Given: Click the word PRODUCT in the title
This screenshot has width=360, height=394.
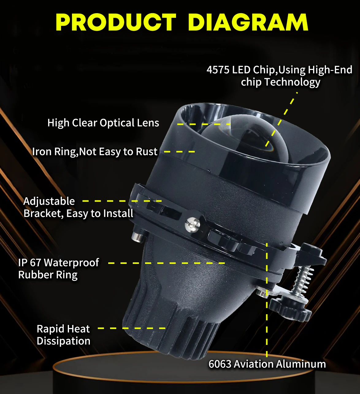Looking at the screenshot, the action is tap(116, 22).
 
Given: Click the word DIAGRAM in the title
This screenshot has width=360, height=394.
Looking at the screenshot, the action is tap(248, 22).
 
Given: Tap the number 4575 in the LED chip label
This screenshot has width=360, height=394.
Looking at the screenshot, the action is tap(218, 70).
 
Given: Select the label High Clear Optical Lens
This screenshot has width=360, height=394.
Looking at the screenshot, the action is tap(103, 123).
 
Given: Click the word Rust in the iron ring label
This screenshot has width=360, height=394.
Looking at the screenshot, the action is tap(147, 152).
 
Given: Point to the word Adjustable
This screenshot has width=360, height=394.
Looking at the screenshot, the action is tap(49, 201).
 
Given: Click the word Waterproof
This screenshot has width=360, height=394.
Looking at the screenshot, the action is tap(71, 263).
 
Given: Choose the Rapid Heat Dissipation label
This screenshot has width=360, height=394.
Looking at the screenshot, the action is tap(63, 335).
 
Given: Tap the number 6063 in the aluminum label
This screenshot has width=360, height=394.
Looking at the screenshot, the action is tap(220, 364).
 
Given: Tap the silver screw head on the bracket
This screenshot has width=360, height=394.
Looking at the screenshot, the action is tap(192, 223).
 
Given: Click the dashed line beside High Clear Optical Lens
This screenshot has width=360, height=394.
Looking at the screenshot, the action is tap(204, 124).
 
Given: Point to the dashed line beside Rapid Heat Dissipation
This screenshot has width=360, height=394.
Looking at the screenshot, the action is tap(132, 328).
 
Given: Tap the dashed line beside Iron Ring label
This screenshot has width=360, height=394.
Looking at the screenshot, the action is tap(179, 152).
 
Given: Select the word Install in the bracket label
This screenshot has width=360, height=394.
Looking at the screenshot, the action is tap(118, 214).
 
